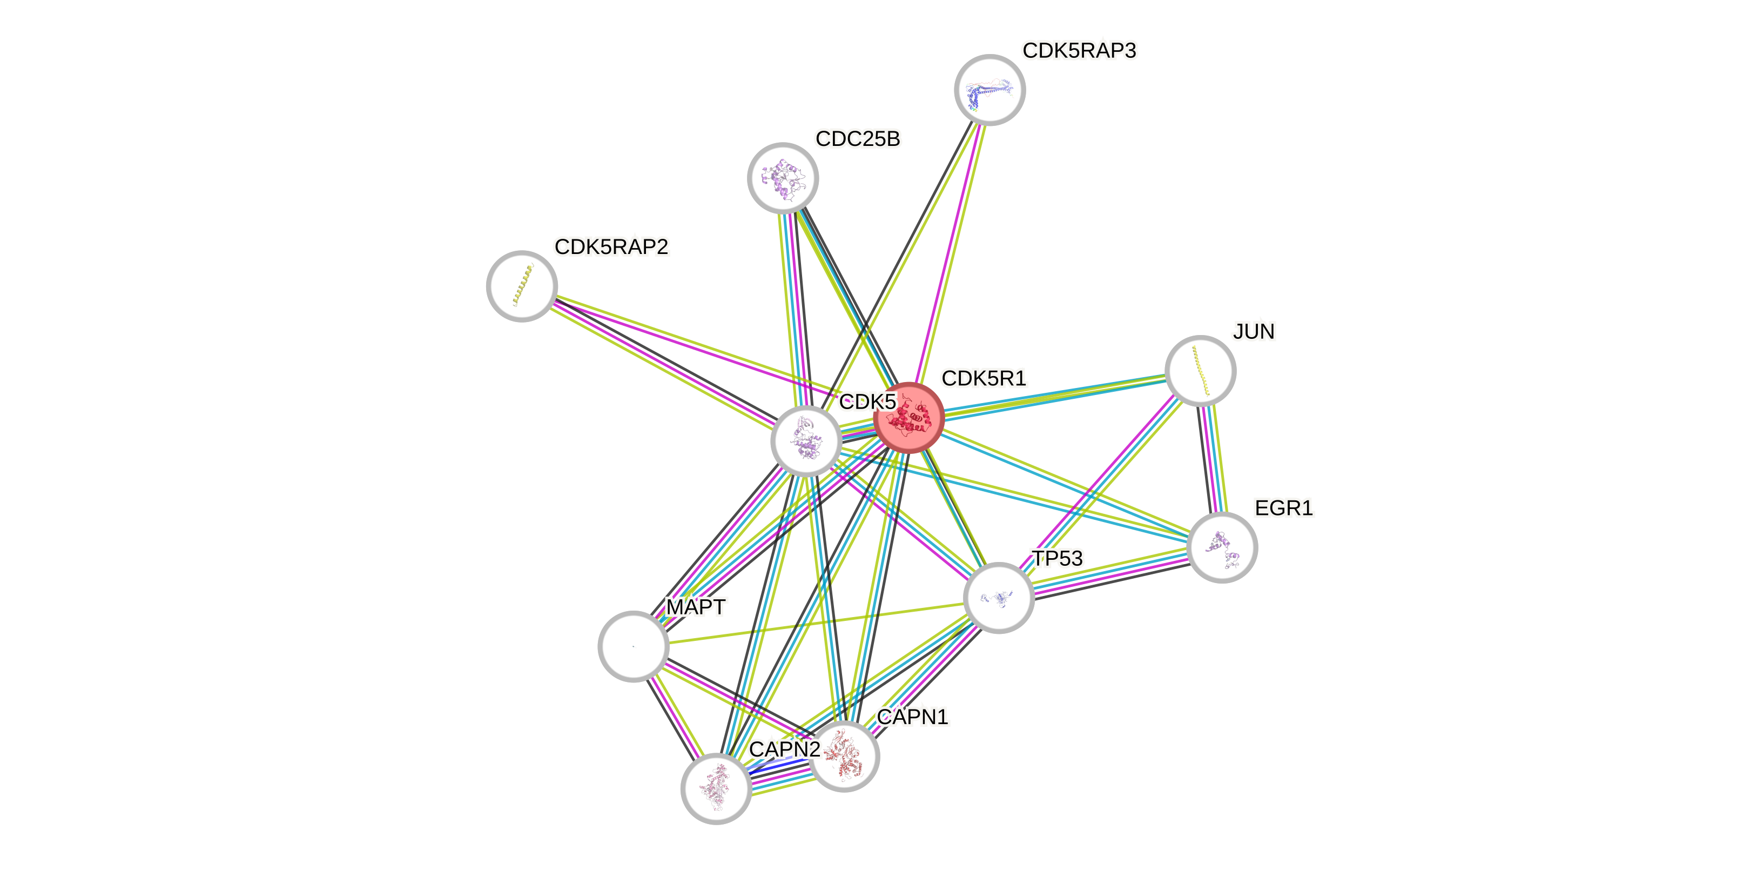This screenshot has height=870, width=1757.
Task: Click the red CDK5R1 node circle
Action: click(x=908, y=418)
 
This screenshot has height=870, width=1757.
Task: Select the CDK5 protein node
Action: click(x=805, y=441)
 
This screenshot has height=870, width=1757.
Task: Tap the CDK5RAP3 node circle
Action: click(x=989, y=89)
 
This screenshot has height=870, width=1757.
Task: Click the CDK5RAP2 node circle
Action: click(x=522, y=286)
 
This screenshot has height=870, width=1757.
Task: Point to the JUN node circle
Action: click(x=1200, y=371)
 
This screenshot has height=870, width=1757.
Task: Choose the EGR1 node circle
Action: click(x=1222, y=547)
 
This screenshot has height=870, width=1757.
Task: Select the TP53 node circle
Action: click(x=999, y=598)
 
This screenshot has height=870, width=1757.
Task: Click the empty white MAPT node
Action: click(x=633, y=646)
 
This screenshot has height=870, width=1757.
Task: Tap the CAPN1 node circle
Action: click(x=844, y=756)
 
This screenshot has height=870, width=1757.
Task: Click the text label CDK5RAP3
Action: click(x=1079, y=50)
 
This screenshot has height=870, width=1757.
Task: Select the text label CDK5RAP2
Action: click(x=611, y=247)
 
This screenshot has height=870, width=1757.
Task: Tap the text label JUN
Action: click(x=1254, y=332)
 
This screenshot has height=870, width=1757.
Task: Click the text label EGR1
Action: click(x=1284, y=508)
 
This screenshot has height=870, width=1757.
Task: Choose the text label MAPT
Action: click(x=696, y=607)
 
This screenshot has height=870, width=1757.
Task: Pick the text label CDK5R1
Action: click(x=984, y=379)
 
